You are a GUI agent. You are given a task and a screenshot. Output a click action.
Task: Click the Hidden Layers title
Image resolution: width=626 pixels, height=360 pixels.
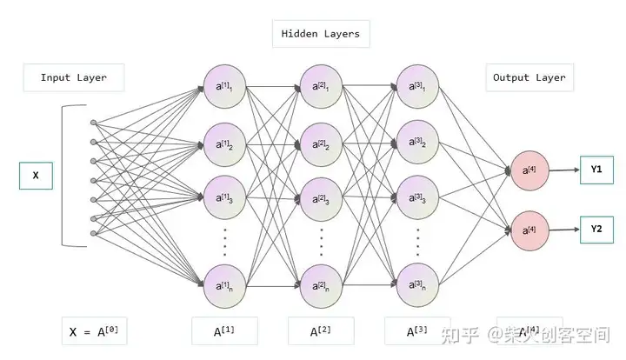tap(320, 34)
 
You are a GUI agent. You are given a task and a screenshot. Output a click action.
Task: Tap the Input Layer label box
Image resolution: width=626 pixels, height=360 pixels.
tap(74, 77)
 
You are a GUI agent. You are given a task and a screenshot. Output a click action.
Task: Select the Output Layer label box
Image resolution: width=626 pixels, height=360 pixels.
tap(529, 77)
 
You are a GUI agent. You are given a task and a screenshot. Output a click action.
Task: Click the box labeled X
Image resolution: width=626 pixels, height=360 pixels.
tap(36, 176)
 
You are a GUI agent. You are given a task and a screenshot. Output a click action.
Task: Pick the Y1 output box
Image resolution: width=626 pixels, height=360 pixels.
tap(596, 170)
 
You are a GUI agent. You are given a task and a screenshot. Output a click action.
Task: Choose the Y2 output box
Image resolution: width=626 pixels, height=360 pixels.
tap(596, 230)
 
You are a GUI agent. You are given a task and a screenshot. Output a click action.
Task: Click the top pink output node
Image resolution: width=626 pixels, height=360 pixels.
tap(529, 170)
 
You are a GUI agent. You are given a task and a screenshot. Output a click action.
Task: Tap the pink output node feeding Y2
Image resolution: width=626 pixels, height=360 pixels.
tap(529, 230)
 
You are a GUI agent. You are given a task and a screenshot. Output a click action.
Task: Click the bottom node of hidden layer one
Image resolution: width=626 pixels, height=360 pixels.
tap(223, 283)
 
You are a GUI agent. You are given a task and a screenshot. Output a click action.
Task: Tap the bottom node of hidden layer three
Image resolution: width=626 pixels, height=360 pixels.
tap(416, 283)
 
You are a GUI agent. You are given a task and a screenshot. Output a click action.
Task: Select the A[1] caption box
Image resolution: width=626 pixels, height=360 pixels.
tap(223, 331)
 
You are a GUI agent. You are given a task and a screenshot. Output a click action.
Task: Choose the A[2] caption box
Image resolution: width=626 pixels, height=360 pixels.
tap(320, 331)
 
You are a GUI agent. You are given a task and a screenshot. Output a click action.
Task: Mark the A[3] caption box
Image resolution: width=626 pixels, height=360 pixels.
tap(416, 331)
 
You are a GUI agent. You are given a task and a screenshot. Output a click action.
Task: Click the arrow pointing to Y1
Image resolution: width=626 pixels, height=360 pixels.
tap(564, 170)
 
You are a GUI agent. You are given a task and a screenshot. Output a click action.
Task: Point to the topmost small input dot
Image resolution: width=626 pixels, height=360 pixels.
tap(94, 123)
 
